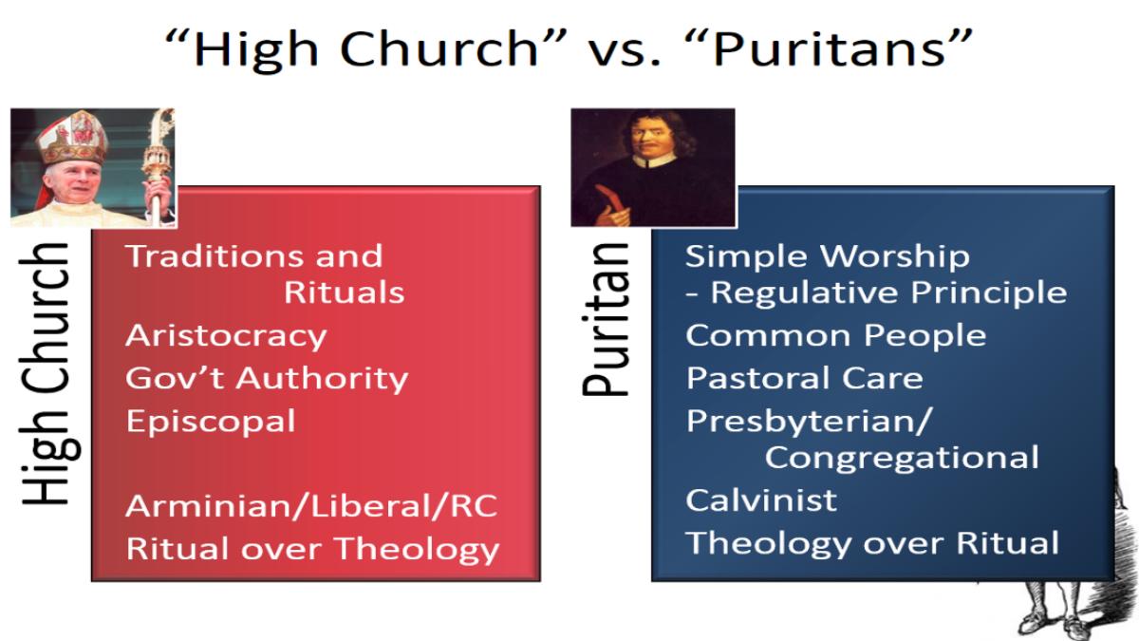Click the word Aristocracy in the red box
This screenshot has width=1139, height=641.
coord(226,337)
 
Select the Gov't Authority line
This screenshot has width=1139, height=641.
coord(267,379)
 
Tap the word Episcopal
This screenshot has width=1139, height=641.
coord(211,423)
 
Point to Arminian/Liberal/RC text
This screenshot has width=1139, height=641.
coord(311,507)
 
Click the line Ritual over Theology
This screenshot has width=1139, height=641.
coord(312,550)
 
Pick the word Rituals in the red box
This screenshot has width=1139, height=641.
coord(345,292)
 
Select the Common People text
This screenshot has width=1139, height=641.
coord(836,336)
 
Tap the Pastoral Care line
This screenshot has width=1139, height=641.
coord(805,379)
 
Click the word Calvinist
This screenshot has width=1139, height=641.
coord(761,500)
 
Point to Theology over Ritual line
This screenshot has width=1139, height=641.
coord(872,543)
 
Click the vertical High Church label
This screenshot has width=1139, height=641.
coord(45,374)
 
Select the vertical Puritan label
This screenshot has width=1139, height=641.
coord(606,319)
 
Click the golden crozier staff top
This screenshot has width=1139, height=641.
coord(159,147)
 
